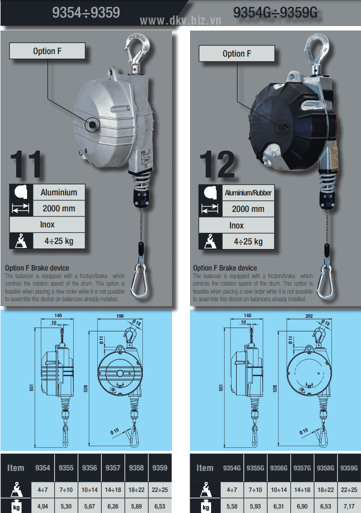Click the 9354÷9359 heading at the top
[x=86, y=13]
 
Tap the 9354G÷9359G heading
[x=275, y=13]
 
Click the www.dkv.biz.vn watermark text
[x=180, y=21]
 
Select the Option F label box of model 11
[x=47, y=51]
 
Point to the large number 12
[x=218, y=164]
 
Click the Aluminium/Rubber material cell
[x=248, y=193]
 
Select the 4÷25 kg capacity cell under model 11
[x=59, y=241]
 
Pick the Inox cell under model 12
[x=236, y=225]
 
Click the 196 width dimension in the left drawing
[x=120, y=316]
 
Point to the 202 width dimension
[x=309, y=316]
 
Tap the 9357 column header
[x=113, y=468]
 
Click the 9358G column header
[x=325, y=468]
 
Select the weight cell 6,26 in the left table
[x=113, y=506]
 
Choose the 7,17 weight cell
[x=349, y=506]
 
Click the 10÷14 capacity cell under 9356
[x=89, y=490]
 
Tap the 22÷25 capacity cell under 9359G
[x=349, y=490]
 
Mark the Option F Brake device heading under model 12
[x=225, y=268]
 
